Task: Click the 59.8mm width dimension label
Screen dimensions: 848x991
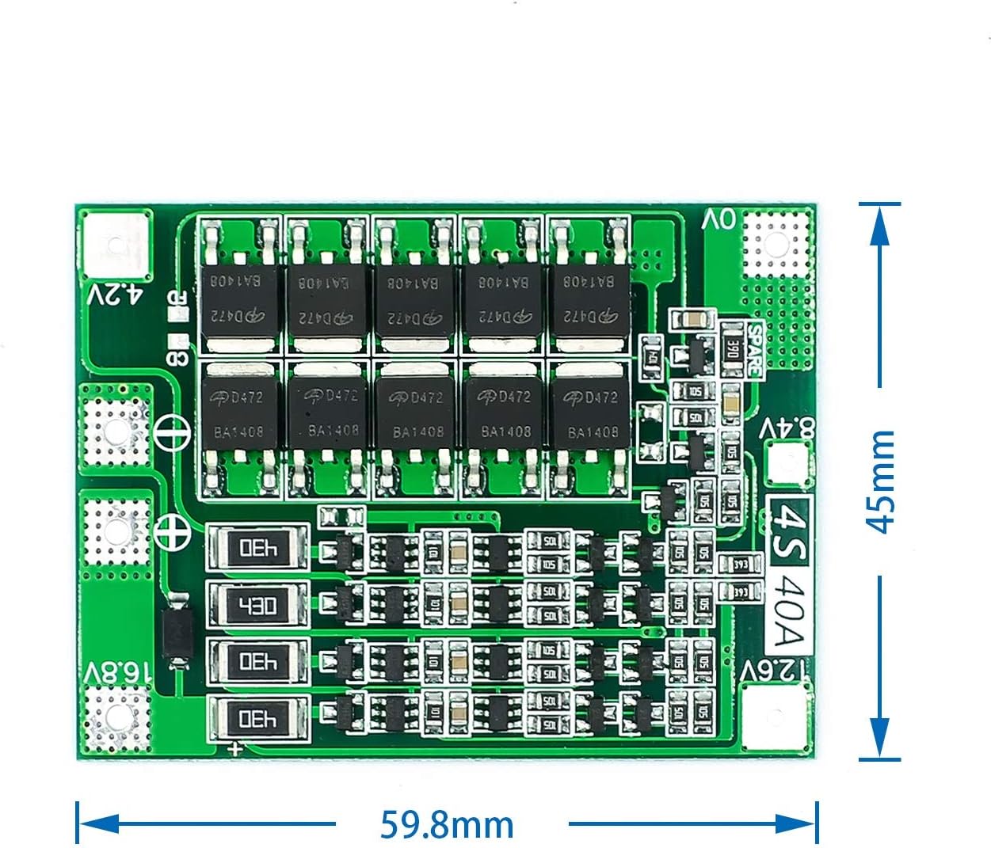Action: coord(448,824)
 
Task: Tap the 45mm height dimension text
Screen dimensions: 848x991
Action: coord(880,481)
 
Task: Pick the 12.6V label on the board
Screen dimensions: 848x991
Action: coord(776,671)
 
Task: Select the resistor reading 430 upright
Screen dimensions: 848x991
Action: coord(257,606)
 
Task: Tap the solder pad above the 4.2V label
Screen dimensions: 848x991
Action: coord(116,244)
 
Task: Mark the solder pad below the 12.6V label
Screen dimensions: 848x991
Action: coord(778,717)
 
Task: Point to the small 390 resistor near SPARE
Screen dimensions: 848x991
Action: coord(733,349)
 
